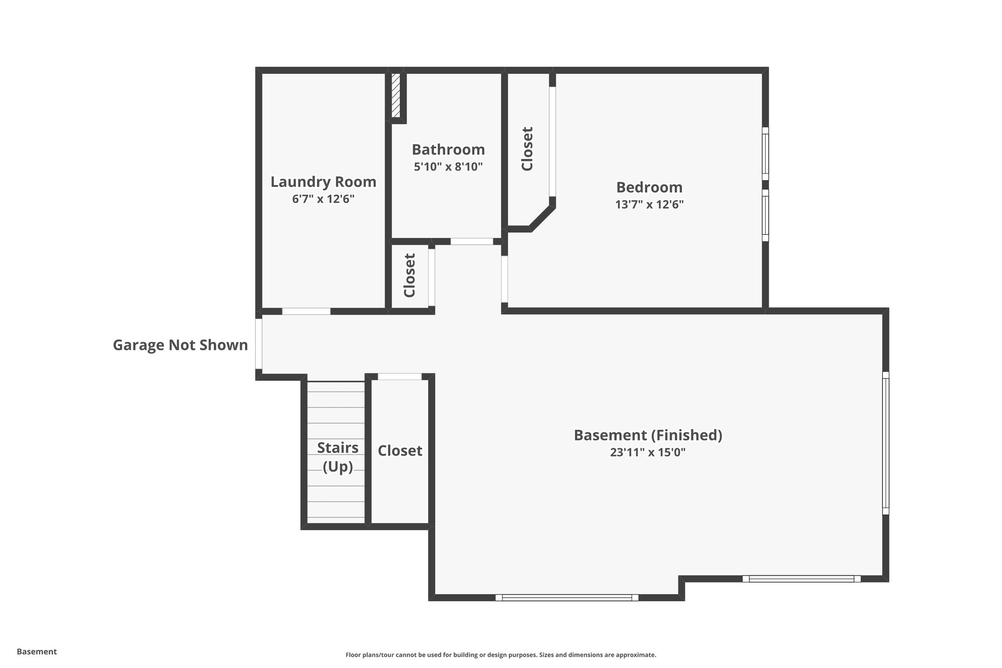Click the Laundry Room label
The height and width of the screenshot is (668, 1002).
click(323, 182)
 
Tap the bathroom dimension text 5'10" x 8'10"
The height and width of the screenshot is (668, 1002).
click(448, 167)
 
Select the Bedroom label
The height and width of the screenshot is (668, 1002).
click(649, 187)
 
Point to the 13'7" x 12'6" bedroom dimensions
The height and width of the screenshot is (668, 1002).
click(649, 205)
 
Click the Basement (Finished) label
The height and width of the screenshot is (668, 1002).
click(648, 435)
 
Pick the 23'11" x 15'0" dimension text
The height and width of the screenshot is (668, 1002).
click(648, 453)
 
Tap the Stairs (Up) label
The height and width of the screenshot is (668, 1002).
click(338, 457)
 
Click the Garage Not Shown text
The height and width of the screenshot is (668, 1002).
click(180, 346)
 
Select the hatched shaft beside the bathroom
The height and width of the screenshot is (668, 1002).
click(396, 95)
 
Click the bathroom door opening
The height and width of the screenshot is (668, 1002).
click(472, 241)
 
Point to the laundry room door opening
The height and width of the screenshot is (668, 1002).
click(306, 311)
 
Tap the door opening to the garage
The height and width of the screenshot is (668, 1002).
click(259, 344)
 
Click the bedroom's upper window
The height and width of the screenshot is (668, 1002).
click(765, 154)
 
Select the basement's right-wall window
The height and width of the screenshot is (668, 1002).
click(885, 443)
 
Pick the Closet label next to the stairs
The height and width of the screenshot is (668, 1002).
click(400, 451)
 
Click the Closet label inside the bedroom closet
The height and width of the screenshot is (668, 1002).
click(527, 149)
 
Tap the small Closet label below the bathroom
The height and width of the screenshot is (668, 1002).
click(410, 275)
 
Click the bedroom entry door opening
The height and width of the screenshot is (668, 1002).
click(504, 279)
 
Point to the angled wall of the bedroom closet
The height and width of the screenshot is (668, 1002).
click(542, 218)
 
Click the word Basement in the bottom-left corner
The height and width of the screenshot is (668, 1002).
click(37, 651)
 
